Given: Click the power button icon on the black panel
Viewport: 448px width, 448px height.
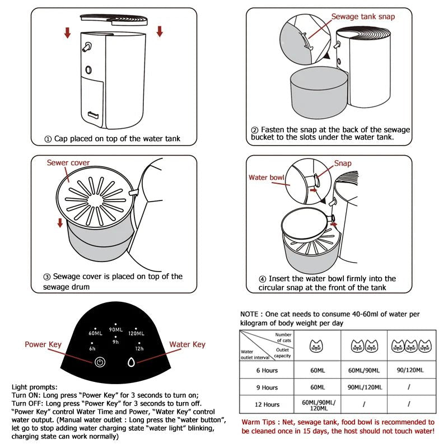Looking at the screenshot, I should coord(100,362).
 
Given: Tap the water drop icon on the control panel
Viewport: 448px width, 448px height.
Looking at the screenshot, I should coord(131,362).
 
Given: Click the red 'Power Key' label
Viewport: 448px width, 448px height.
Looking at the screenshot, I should coord(43,344).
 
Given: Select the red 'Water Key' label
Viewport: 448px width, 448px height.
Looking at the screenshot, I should coord(187,344).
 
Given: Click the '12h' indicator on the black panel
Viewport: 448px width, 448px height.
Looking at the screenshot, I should coord(138,348).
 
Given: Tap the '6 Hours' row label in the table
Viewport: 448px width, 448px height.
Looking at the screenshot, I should coord(267,371).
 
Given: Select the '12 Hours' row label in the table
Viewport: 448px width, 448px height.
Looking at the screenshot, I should coord(267,404).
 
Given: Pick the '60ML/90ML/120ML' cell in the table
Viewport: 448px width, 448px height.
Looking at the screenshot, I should coord(318,404).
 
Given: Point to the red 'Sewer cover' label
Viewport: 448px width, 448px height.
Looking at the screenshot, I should coord(68,163).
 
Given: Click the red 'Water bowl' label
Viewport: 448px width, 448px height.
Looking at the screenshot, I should coord(267,178).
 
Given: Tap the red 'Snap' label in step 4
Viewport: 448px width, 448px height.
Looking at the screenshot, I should coord(343,164).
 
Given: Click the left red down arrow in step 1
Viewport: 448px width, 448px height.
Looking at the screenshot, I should coord(68,32).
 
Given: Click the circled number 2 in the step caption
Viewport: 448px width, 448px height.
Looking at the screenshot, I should coord(255,130).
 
